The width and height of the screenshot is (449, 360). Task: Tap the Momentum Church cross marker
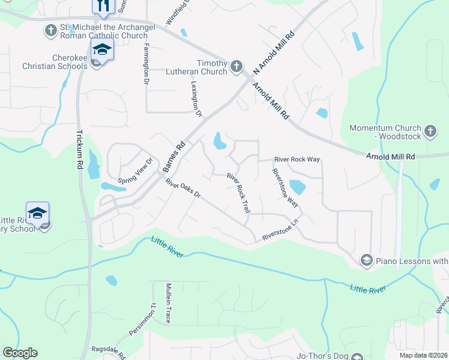[430, 131]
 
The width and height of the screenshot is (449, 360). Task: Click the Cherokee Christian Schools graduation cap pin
[103, 51]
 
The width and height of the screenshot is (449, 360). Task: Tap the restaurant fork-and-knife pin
[103, 7]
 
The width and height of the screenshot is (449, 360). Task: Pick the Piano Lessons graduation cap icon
[366, 260]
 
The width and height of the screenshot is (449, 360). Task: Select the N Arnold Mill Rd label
[275, 53]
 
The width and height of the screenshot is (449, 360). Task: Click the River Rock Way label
[297, 160]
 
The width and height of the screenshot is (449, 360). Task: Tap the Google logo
[20, 353]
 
